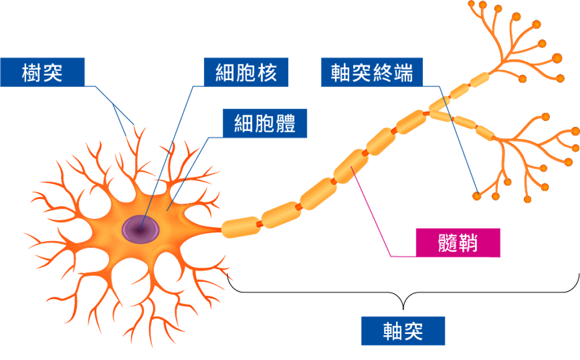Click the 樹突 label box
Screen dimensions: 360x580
click(42, 72)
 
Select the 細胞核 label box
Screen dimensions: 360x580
click(246, 72)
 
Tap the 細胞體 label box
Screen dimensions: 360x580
click(265, 123)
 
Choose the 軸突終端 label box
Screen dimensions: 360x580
click(372, 72)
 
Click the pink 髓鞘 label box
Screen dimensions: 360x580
click(458, 242)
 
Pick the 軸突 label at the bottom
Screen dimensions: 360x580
click(403, 331)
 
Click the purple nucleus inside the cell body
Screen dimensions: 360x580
click(140, 229)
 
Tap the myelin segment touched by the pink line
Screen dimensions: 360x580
click(351, 166)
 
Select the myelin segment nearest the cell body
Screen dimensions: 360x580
click(241, 227)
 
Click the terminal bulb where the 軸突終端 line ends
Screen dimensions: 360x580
click(477, 196)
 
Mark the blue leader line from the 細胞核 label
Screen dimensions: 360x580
click(168, 157)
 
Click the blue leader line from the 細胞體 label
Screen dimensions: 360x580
click(188, 168)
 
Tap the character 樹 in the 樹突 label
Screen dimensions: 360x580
click(32, 72)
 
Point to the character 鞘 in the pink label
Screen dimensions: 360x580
click(467, 242)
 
